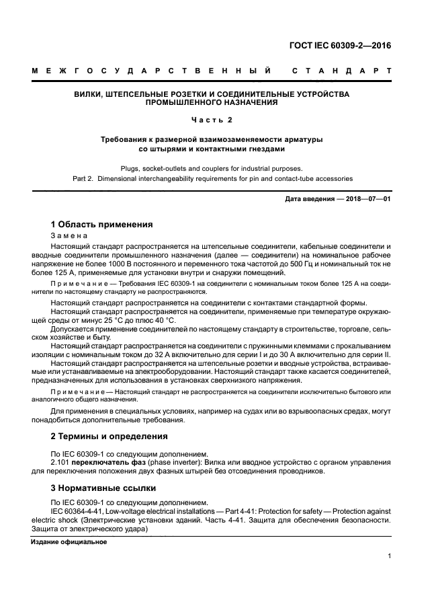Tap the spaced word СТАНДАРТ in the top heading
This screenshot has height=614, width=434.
343,71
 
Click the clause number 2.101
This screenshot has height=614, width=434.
61,462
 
